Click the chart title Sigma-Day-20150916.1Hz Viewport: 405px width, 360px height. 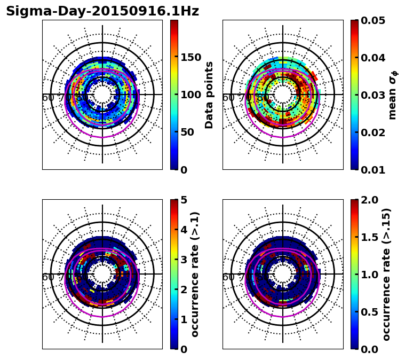(x=102, y=11)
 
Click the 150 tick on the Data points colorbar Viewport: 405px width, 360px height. (x=190, y=57)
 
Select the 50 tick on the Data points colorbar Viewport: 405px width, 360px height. (x=187, y=132)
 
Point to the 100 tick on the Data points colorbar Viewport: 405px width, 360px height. (x=190, y=95)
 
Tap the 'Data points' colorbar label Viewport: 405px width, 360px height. (x=209, y=95)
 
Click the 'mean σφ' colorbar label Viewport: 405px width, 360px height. (x=392, y=95)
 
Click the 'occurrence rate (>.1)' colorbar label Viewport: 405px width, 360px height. (x=195, y=274)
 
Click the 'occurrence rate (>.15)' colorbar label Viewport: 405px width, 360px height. (x=386, y=274)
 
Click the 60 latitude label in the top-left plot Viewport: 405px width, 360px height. (x=48, y=98)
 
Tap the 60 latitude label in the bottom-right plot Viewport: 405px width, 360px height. (x=228, y=277)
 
